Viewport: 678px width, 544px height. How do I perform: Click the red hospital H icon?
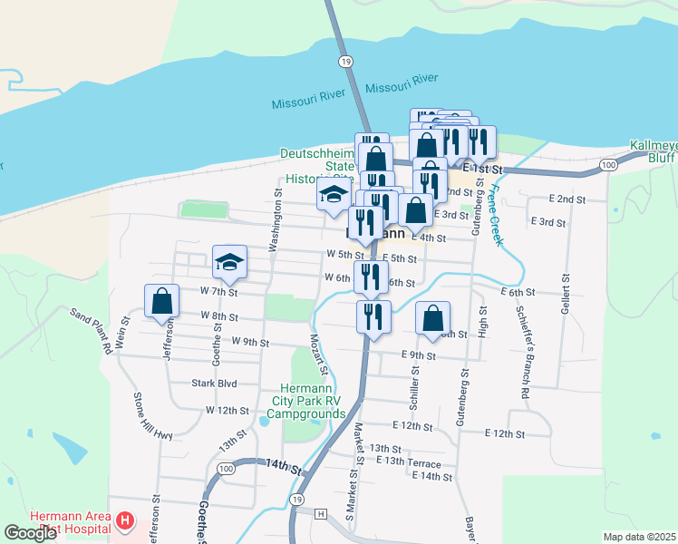[x=125, y=521]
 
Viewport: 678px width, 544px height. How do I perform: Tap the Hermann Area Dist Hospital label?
[x=69, y=521]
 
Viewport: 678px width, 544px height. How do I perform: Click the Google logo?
[x=31, y=533]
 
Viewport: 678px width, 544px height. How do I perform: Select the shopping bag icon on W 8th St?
[x=160, y=301]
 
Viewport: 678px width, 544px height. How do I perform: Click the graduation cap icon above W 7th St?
[x=230, y=262]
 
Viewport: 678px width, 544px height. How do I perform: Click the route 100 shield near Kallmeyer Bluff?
[x=607, y=164]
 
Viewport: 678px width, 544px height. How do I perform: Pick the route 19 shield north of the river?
[x=344, y=61]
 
